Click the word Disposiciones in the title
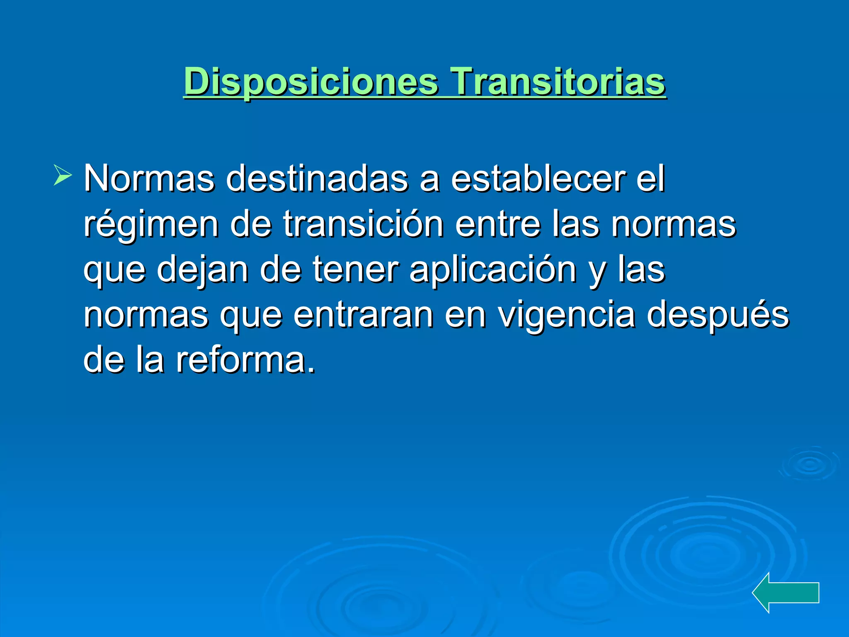(311, 82)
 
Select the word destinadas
(317, 179)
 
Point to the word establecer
(538, 179)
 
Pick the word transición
(363, 224)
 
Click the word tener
(356, 270)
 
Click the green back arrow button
(785, 592)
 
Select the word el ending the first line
(650, 179)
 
